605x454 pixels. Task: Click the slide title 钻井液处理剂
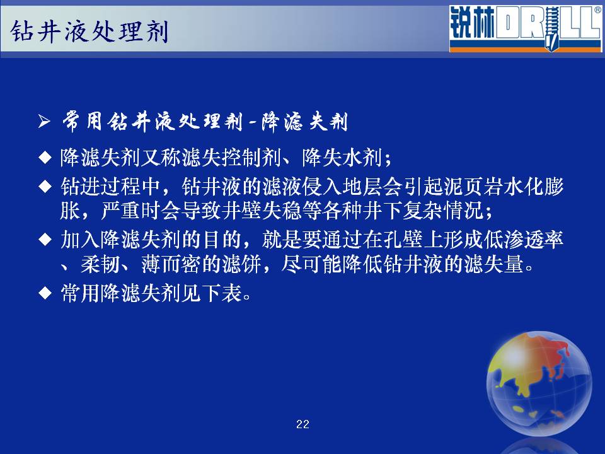click(89, 31)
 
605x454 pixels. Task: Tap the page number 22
click(302, 424)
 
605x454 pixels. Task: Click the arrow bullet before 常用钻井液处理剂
click(44, 122)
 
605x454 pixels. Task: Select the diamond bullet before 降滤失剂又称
click(45, 158)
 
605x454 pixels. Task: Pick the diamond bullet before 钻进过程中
click(45, 187)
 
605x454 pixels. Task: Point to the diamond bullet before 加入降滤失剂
click(45, 240)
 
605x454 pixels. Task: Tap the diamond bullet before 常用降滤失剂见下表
click(45, 293)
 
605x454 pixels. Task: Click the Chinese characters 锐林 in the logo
click(472, 23)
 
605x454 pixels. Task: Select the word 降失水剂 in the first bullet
click(342, 158)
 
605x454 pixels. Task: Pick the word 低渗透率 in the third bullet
click(524, 240)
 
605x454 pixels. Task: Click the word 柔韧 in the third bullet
click(100, 264)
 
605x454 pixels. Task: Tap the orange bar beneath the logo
click(525, 49)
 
